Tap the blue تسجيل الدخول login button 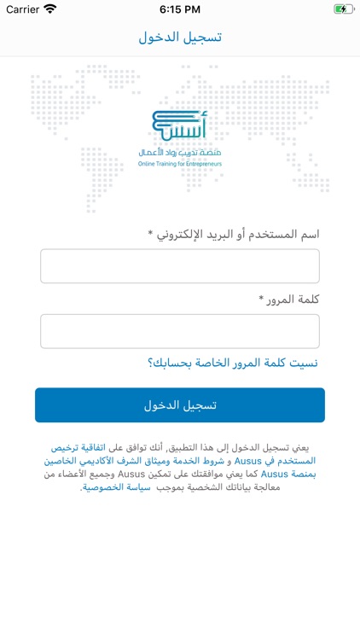[x=180, y=404]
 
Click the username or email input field [x=180, y=266]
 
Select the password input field [x=180, y=331]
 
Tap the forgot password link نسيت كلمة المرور [x=233, y=364]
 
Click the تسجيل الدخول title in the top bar [x=180, y=38]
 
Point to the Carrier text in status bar [x=23, y=9]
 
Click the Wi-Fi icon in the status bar [x=50, y=9]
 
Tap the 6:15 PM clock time [x=179, y=9]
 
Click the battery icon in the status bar [x=343, y=9]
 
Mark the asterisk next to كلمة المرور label [x=261, y=299]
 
